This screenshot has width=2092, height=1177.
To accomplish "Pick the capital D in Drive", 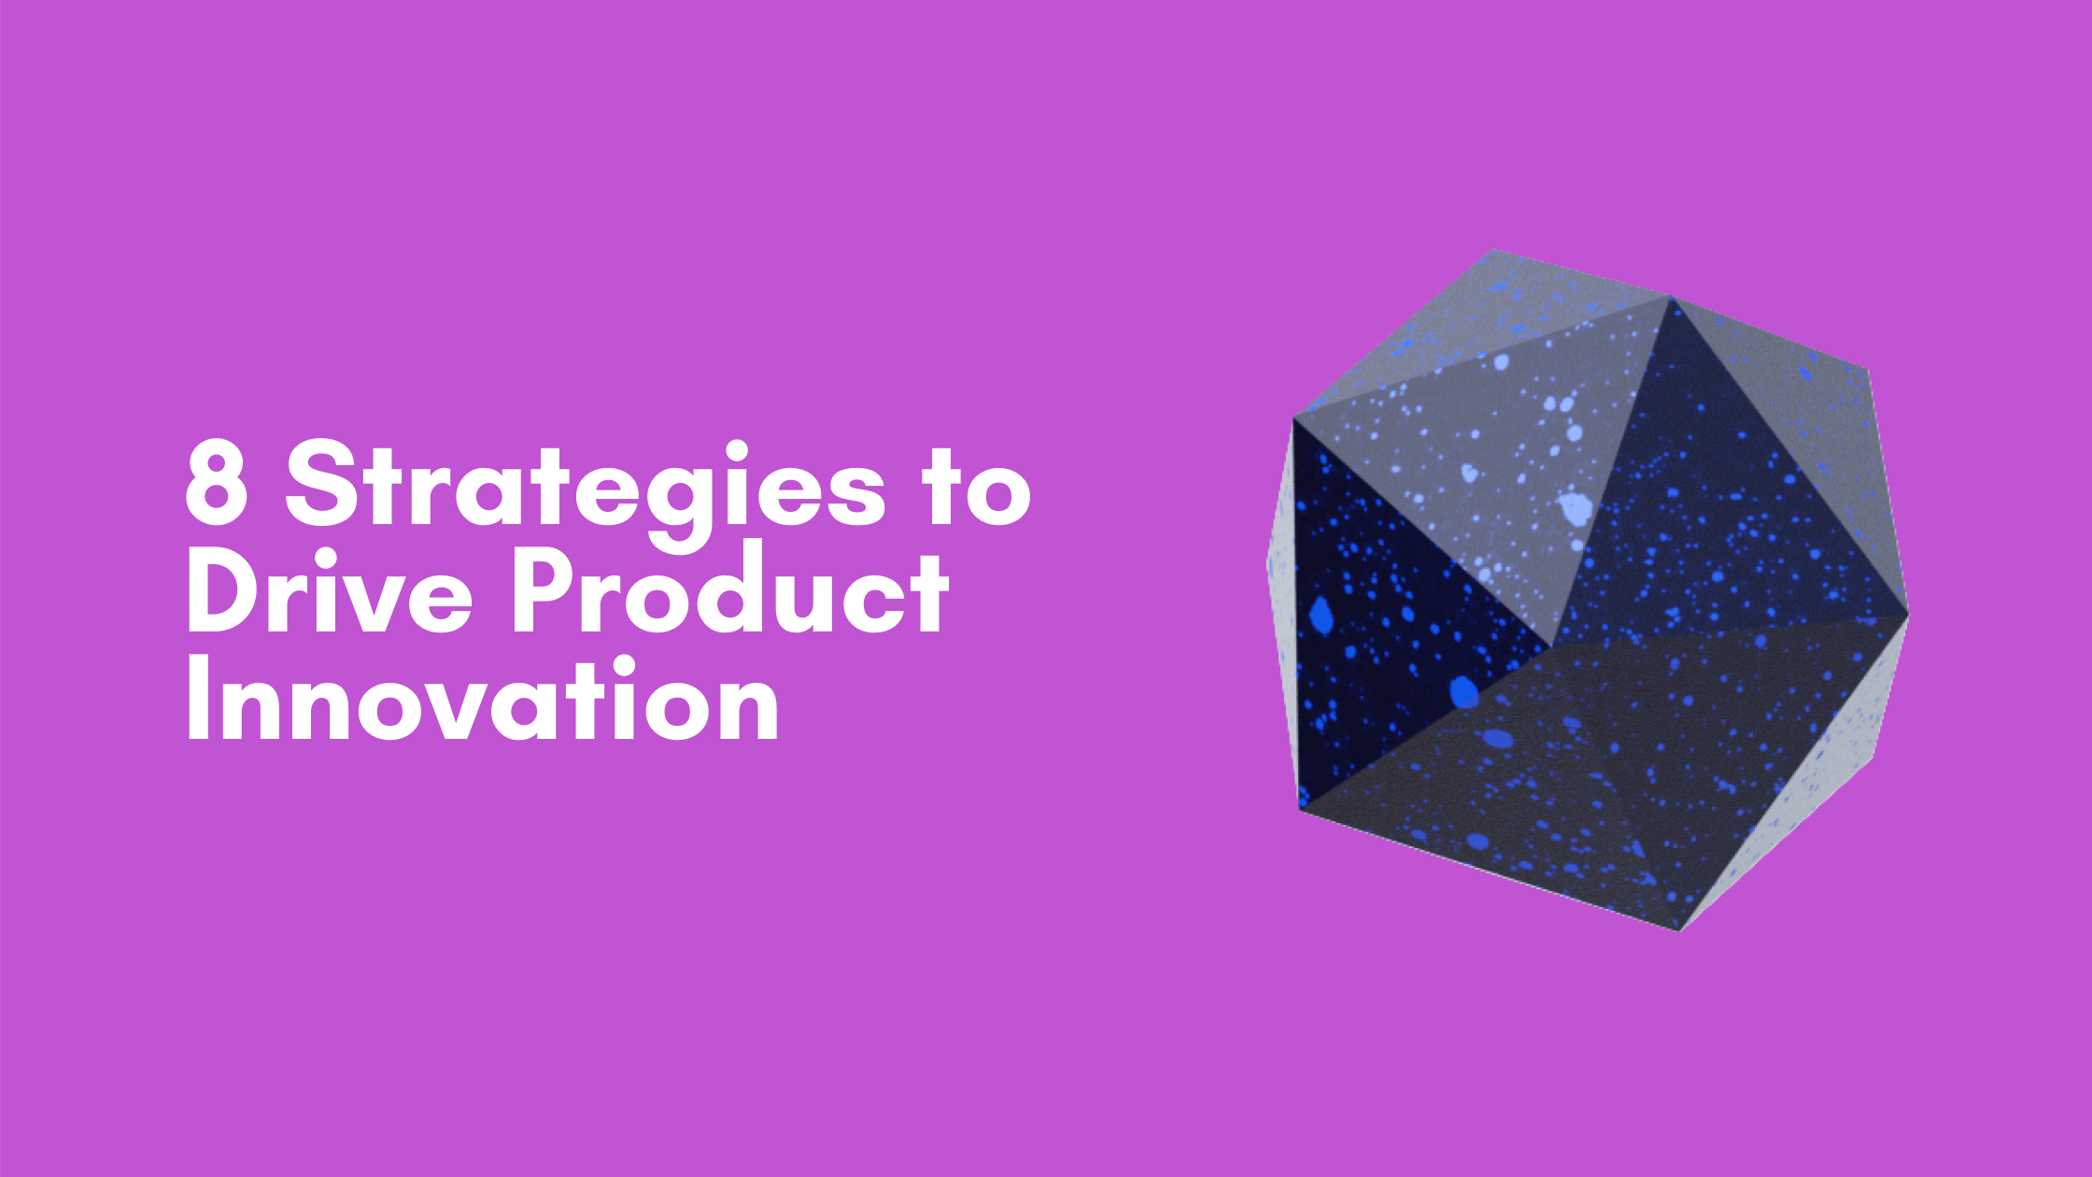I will click(x=224, y=593).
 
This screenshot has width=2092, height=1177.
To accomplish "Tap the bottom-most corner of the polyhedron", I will click(x=1679, y=930).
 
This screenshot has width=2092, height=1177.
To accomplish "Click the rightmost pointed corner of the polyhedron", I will click(x=1908, y=614).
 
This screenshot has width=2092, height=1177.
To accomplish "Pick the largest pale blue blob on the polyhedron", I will click(x=1576, y=509).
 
